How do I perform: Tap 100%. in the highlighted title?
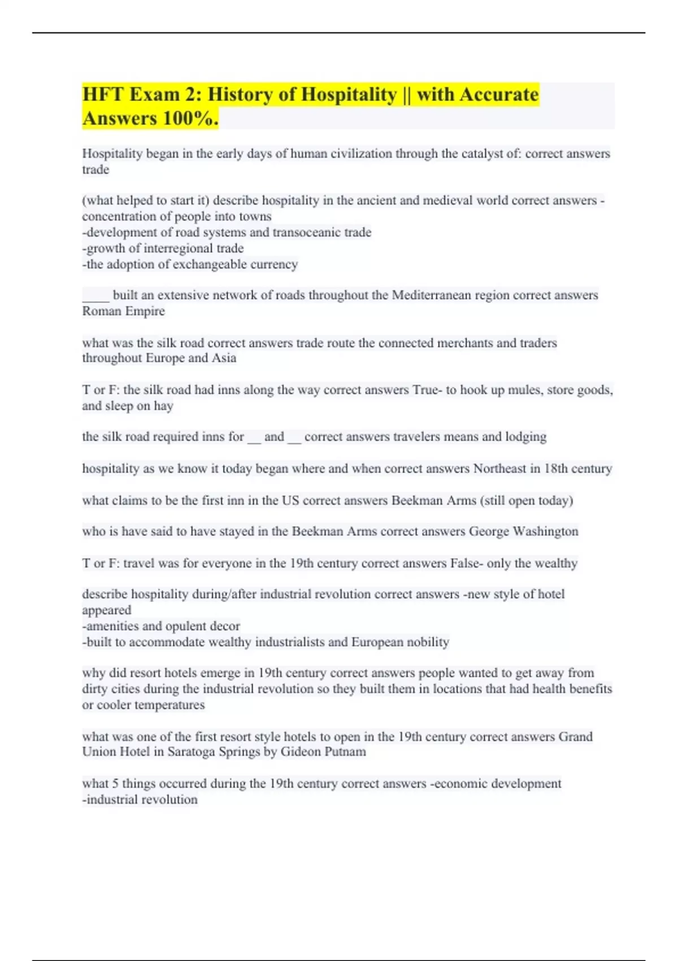tap(190, 119)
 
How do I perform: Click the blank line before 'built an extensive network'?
tap(95, 295)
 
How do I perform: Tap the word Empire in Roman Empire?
tap(145, 311)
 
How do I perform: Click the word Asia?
tap(224, 358)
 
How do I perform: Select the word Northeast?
tap(499, 469)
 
